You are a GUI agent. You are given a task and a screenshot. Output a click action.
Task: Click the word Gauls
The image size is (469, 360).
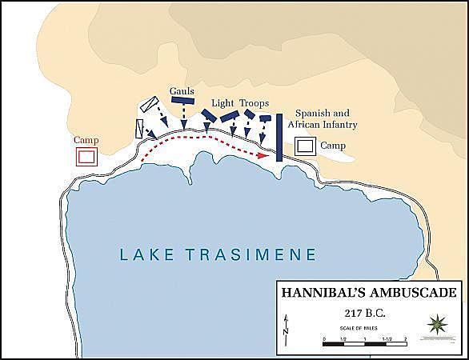[x=182, y=91]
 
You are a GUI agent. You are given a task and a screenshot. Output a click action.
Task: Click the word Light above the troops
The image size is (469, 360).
[x=222, y=103]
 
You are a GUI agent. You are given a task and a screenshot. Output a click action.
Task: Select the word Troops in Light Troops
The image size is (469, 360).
[x=253, y=103]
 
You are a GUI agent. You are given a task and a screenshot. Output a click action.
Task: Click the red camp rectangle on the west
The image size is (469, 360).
[x=86, y=156]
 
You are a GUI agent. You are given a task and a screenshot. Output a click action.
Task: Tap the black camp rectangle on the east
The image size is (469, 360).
[x=305, y=146]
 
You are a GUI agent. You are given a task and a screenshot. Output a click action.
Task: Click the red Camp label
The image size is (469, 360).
[x=86, y=139]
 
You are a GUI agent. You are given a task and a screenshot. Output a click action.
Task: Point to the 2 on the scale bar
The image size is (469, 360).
[x=406, y=339]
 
